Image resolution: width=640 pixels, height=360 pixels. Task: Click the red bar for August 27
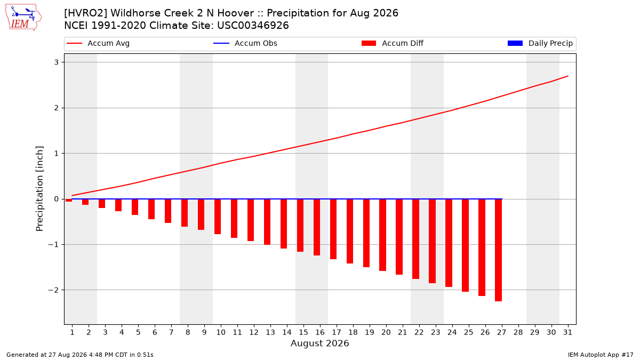coord(498,250)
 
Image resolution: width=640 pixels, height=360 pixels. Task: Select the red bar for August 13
coord(267,222)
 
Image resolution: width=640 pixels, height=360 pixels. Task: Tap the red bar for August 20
coord(382,235)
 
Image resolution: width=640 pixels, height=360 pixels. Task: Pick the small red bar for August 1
coord(69,201)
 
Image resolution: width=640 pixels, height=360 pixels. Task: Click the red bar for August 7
coord(168,211)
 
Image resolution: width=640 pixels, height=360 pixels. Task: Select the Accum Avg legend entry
coord(98,43)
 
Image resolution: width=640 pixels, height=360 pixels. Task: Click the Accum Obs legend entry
coord(245,43)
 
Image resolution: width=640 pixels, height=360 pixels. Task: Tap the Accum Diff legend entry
coord(393,43)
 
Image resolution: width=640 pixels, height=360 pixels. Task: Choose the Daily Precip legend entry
coord(540,43)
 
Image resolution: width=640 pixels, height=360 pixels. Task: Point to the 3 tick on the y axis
coord(57,62)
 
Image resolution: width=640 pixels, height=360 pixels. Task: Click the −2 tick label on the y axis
coord(53,290)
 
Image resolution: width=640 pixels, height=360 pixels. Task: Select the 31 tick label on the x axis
coord(567,332)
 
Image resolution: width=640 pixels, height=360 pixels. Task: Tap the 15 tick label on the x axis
coord(303,332)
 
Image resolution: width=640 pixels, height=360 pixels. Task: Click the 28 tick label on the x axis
coord(518,332)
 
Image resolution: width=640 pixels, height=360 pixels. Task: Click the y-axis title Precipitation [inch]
coord(39,189)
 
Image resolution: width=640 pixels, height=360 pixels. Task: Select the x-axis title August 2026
coord(319,343)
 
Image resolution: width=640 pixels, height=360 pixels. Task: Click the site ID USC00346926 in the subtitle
coord(253,26)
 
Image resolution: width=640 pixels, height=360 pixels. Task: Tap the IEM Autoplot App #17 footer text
coord(601,355)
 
